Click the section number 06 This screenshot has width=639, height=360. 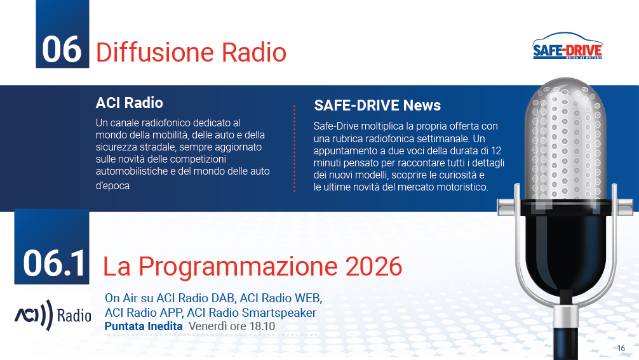pyautogui.click(x=62, y=50)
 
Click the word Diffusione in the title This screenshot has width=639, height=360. pyautogui.click(x=155, y=52)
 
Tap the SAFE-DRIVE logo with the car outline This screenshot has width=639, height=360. pyautogui.click(x=568, y=46)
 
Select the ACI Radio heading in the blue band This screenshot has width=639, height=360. pyautogui.click(x=129, y=103)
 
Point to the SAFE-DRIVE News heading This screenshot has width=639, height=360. pyautogui.click(x=377, y=105)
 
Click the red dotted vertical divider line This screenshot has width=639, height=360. pyautogui.click(x=294, y=149)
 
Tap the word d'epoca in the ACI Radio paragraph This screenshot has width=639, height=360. pyautogui.click(x=112, y=185)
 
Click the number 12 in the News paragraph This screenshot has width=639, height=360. pyautogui.click(x=496, y=150)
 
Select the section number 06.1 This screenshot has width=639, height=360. pyautogui.click(x=54, y=263)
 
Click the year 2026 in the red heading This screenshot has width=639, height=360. pyautogui.click(x=373, y=266)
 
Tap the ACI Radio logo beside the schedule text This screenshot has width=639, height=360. pyautogui.click(x=52, y=315)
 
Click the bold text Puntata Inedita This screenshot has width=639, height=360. pyautogui.click(x=144, y=326)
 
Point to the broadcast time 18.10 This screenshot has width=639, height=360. pyautogui.click(x=262, y=326)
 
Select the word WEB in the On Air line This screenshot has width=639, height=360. pyautogui.click(x=308, y=298)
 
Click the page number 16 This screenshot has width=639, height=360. pyautogui.click(x=621, y=348)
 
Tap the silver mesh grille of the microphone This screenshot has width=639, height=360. pyautogui.click(x=565, y=138)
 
